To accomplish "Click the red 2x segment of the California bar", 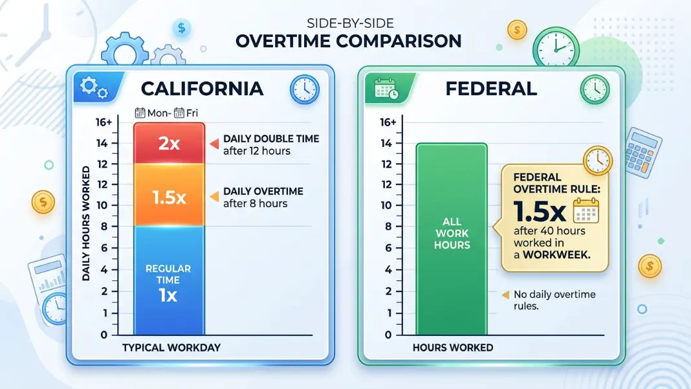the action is click(170, 143).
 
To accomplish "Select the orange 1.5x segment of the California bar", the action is click(170, 195).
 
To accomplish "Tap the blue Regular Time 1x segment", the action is click(170, 280).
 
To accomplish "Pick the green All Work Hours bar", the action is click(452, 239).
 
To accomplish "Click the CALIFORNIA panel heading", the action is click(203, 89).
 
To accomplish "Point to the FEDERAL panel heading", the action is click(491, 89).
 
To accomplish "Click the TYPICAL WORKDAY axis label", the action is click(171, 348).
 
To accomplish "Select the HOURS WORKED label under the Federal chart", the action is click(453, 348).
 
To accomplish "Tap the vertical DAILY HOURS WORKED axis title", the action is click(86, 223).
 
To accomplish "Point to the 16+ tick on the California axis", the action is click(104, 122).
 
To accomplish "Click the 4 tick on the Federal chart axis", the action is click(388, 269).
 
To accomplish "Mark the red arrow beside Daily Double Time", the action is click(214, 144).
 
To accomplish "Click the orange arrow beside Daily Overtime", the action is click(214, 197).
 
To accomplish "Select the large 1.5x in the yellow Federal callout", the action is click(540, 212).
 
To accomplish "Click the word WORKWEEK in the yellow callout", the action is click(556, 254).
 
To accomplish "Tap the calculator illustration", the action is click(643, 153).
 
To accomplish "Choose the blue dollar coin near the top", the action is click(182, 28).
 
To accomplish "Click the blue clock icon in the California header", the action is click(305, 89).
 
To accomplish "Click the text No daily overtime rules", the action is click(554, 300).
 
